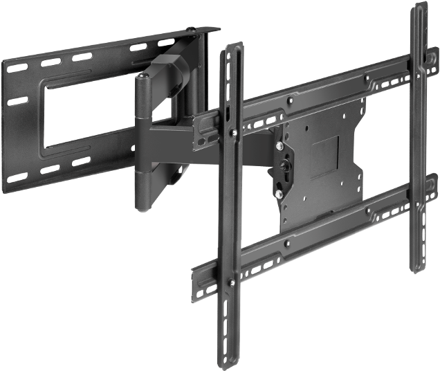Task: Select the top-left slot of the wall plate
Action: tap(15, 69)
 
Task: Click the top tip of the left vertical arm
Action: tap(232, 47)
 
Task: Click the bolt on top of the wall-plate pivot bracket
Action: tap(205, 29)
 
